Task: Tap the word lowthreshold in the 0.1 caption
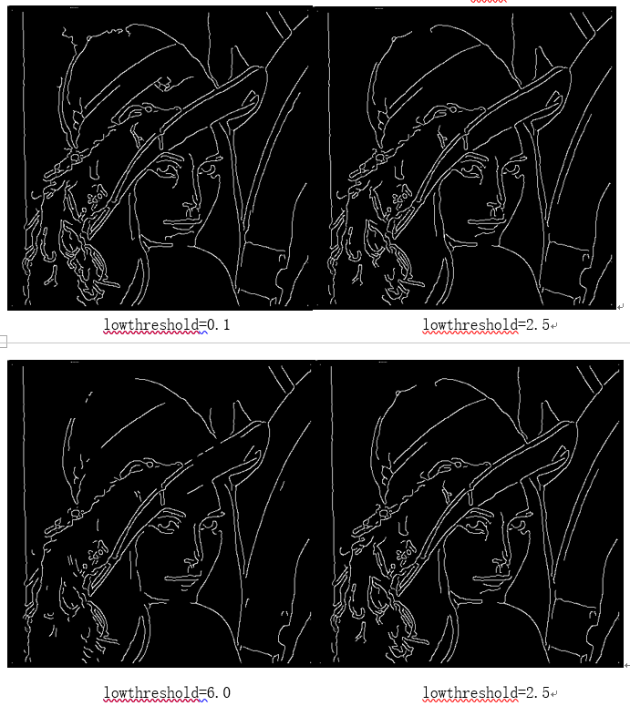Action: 151,324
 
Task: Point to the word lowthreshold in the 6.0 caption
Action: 151,692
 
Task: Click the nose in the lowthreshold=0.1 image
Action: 192,208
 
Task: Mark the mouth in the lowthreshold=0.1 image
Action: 181,222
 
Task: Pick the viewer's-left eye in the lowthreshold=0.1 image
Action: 168,169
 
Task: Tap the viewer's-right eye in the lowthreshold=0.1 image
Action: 209,169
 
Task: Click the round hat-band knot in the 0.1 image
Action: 76,157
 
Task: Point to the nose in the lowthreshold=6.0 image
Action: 192,562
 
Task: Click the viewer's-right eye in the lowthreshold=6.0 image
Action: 209,523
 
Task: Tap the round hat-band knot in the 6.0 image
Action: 76,513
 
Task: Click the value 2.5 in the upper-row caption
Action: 538,324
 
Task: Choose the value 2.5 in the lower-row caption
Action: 538,692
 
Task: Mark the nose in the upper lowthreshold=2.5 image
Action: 496,208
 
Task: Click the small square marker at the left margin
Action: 3,342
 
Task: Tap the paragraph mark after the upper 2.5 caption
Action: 554,325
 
